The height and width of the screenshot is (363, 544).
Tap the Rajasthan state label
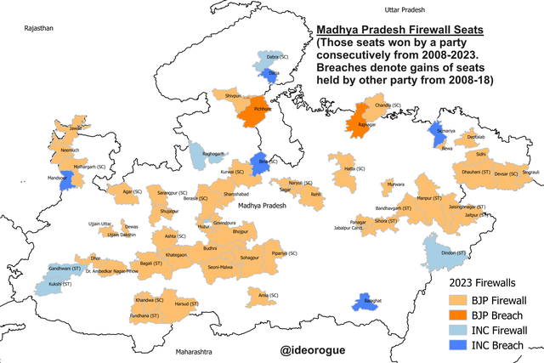(38, 28)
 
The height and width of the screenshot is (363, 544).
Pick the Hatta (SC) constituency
(343, 167)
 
